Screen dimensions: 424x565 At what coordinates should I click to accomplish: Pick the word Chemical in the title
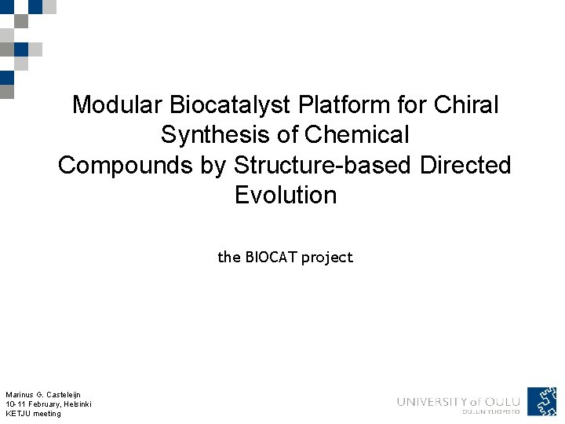tap(357, 135)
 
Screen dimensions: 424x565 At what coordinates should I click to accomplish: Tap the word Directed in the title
tap(465, 165)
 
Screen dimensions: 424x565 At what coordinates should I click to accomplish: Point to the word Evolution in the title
tap(286, 195)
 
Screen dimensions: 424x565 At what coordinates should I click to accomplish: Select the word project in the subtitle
tap(328, 258)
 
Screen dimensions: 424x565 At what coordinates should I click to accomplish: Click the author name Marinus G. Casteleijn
tap(43, 394)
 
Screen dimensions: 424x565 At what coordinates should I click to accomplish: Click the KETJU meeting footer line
tap(33, 413)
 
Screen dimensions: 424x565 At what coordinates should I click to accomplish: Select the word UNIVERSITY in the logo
tap(432, 401)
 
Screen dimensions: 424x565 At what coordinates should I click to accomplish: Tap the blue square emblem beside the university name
tap(541, 400)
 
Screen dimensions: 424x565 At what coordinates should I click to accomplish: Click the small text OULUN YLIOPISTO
tap(491, 411)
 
